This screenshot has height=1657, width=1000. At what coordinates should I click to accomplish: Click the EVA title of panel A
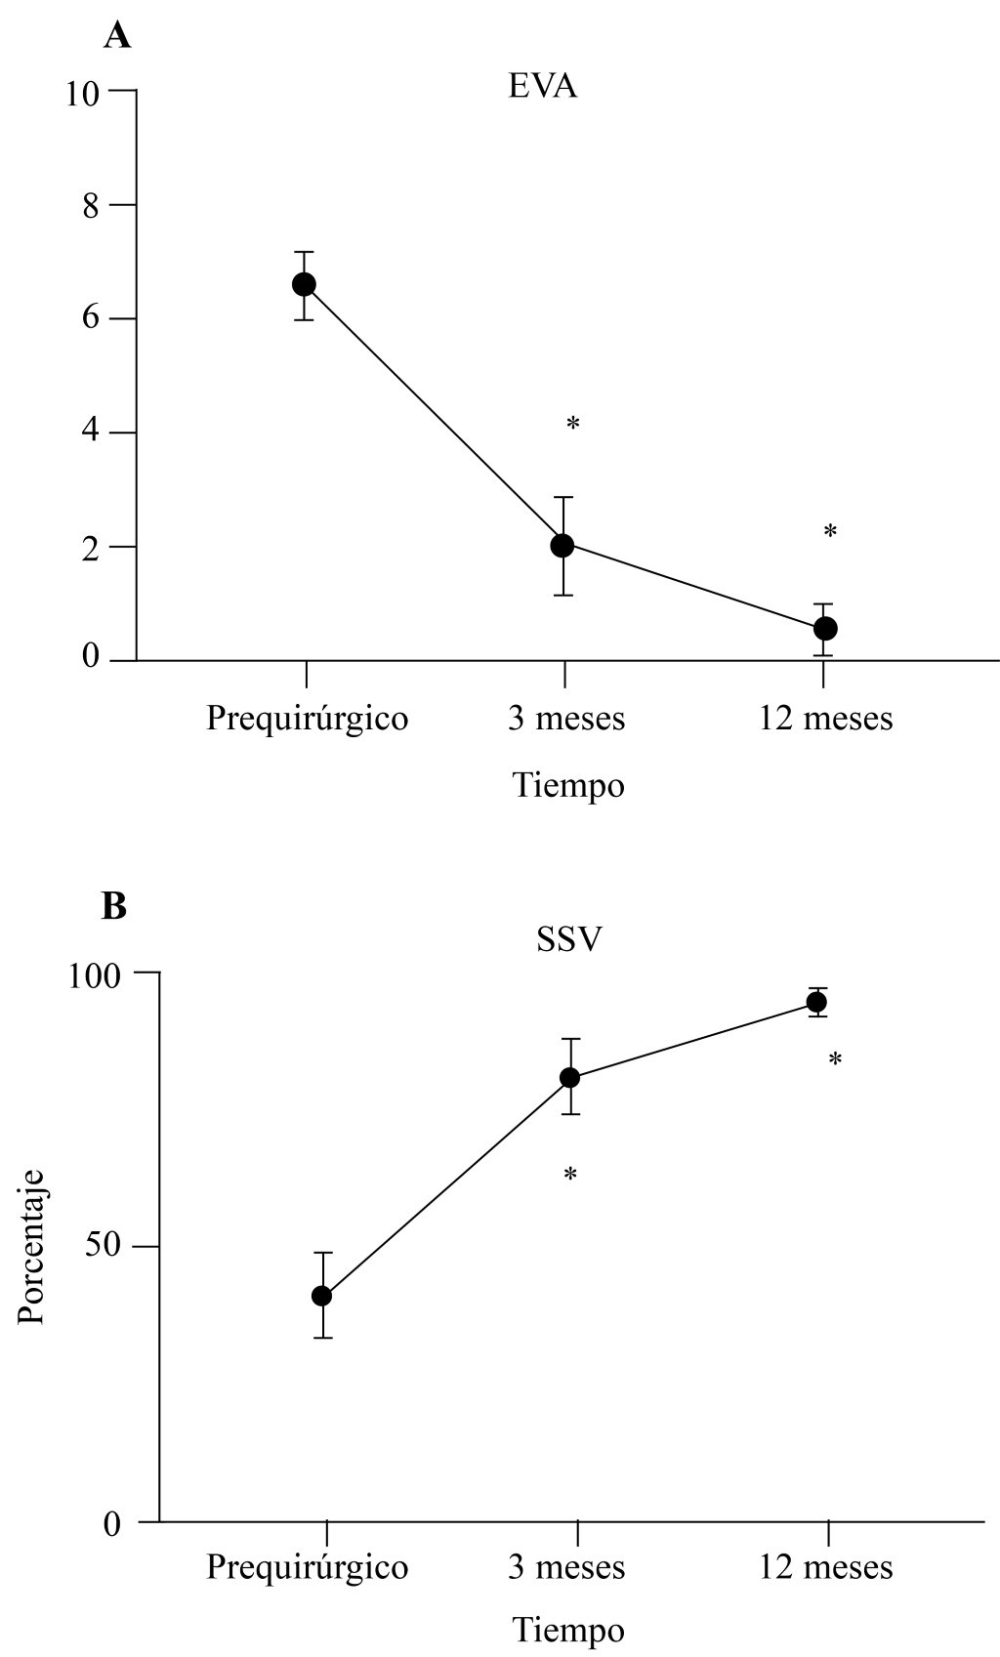click(x=542, y=87)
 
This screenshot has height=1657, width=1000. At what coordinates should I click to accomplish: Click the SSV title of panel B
click(x=568, y=938)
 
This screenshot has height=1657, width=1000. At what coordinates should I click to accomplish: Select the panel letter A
click(x=117, y=36)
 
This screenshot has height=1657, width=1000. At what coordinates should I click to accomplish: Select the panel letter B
click(x=114, y=906)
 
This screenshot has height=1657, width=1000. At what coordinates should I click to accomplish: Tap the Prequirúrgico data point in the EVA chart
click(x=304, y=284)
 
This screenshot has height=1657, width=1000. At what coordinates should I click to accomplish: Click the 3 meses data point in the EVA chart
click(x=562, y=545)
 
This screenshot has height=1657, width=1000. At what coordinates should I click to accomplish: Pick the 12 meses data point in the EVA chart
click(x=825, y=628)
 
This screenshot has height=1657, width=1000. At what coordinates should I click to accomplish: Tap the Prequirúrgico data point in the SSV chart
click(x=322, y=1296)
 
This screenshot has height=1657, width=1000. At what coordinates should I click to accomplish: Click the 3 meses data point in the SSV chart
click(x=570, y=1078)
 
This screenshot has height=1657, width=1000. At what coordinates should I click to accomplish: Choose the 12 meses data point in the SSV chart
click(x=816, y=1002)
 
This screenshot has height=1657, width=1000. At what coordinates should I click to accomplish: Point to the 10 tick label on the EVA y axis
click(x=83, y=92)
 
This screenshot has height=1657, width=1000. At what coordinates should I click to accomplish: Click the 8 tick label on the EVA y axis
click(x=91, y=205)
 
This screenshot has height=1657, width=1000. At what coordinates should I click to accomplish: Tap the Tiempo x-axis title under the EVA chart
click(x=568, y=785)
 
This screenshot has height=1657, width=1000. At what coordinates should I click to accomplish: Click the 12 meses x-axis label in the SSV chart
click(x=826, y=1567)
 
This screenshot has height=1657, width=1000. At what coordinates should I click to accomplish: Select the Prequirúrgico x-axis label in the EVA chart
click(x=308, y=719)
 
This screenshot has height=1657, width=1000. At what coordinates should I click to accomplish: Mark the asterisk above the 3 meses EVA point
click(x=573, y=424)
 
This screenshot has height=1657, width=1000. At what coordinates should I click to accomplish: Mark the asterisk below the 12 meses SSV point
click(x=835, y=1059)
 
